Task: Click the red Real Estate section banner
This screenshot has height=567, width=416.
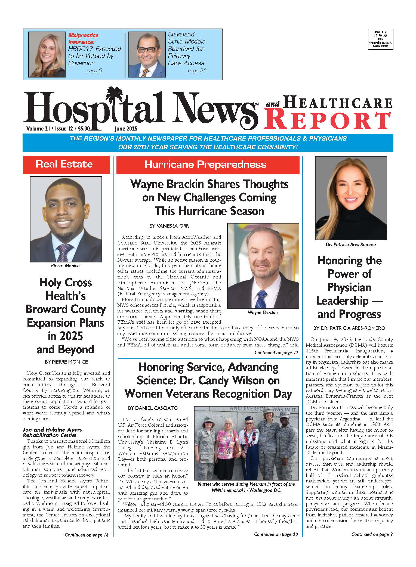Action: pyautogui.click(x=66, y=165)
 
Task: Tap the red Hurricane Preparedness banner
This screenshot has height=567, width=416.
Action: pyautogui.click(x=208, y=165)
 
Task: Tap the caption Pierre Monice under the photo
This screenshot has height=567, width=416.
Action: pyautogui.click(x=65, y=266)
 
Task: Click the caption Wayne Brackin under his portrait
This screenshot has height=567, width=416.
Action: pyautogui.click(x=263, y=312)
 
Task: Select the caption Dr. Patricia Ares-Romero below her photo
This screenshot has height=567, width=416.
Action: pyautogui.click(x=350, y=244)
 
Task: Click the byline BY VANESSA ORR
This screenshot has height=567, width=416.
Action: pyautogui.click(x=169, y=226)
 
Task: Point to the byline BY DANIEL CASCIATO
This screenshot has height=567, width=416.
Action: pyautogui.click(x=153, y=408)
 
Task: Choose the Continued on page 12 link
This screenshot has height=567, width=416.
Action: pyautogui.click(x=276, y=353)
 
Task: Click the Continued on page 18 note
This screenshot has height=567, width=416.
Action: pyautogui.click(x=87, y=535)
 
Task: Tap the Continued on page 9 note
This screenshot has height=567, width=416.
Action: pyautogui.click(x=372, y=534)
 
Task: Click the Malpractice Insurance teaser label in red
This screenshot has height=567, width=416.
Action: pyautogui.click(x=83, y=39)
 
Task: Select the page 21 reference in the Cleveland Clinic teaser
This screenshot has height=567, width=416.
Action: pyautogui.click(x=196, y=71)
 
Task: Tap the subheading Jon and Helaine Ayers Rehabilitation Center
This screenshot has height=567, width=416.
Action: pyautogui.click(x=52, y=432)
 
